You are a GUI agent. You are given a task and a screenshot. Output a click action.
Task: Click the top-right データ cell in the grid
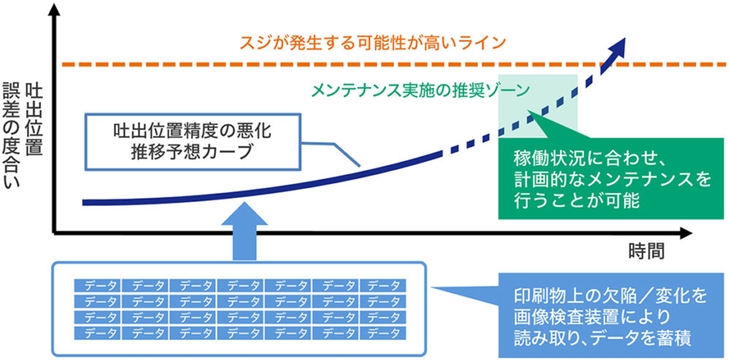coord(384,286)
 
